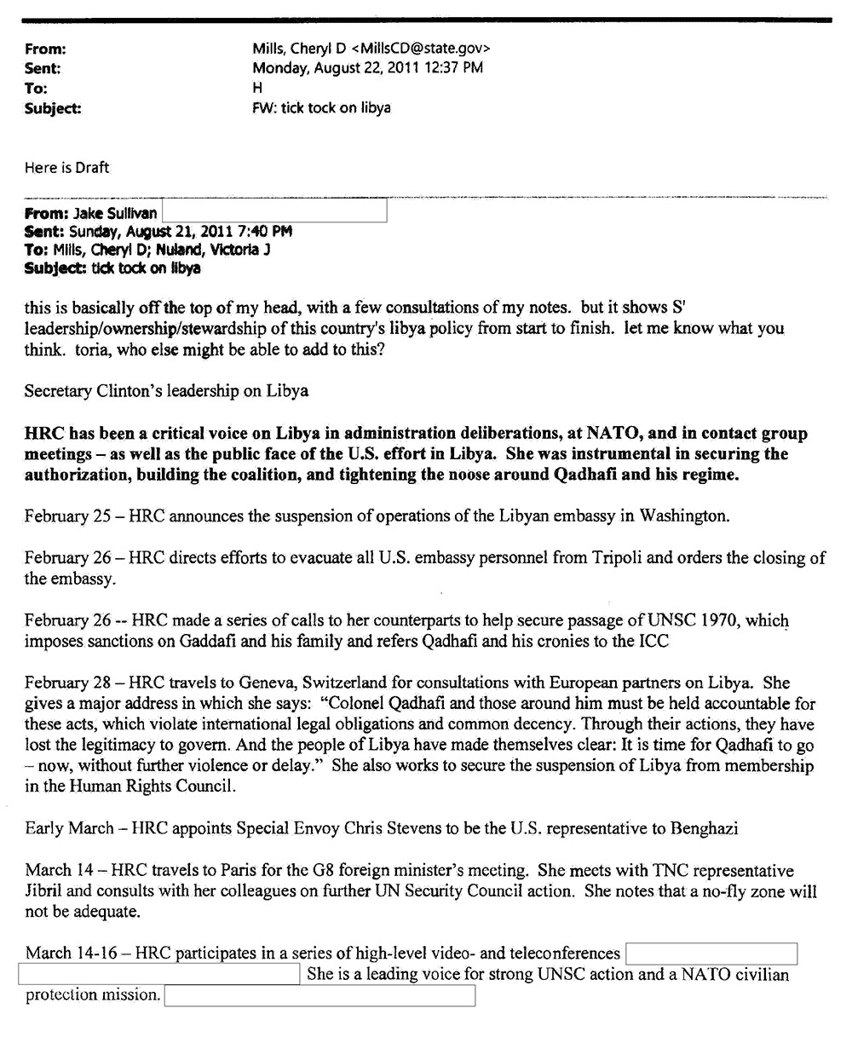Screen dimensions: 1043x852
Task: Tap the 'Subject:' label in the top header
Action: click(x=54, y=108)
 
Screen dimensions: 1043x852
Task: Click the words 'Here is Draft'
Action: click(x=66, y=168)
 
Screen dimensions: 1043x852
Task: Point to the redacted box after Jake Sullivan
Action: click(x=274, y=211)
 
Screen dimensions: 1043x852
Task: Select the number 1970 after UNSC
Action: click(x=716, y=621)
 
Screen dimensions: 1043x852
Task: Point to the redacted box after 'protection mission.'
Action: click(x=319, y=995)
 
